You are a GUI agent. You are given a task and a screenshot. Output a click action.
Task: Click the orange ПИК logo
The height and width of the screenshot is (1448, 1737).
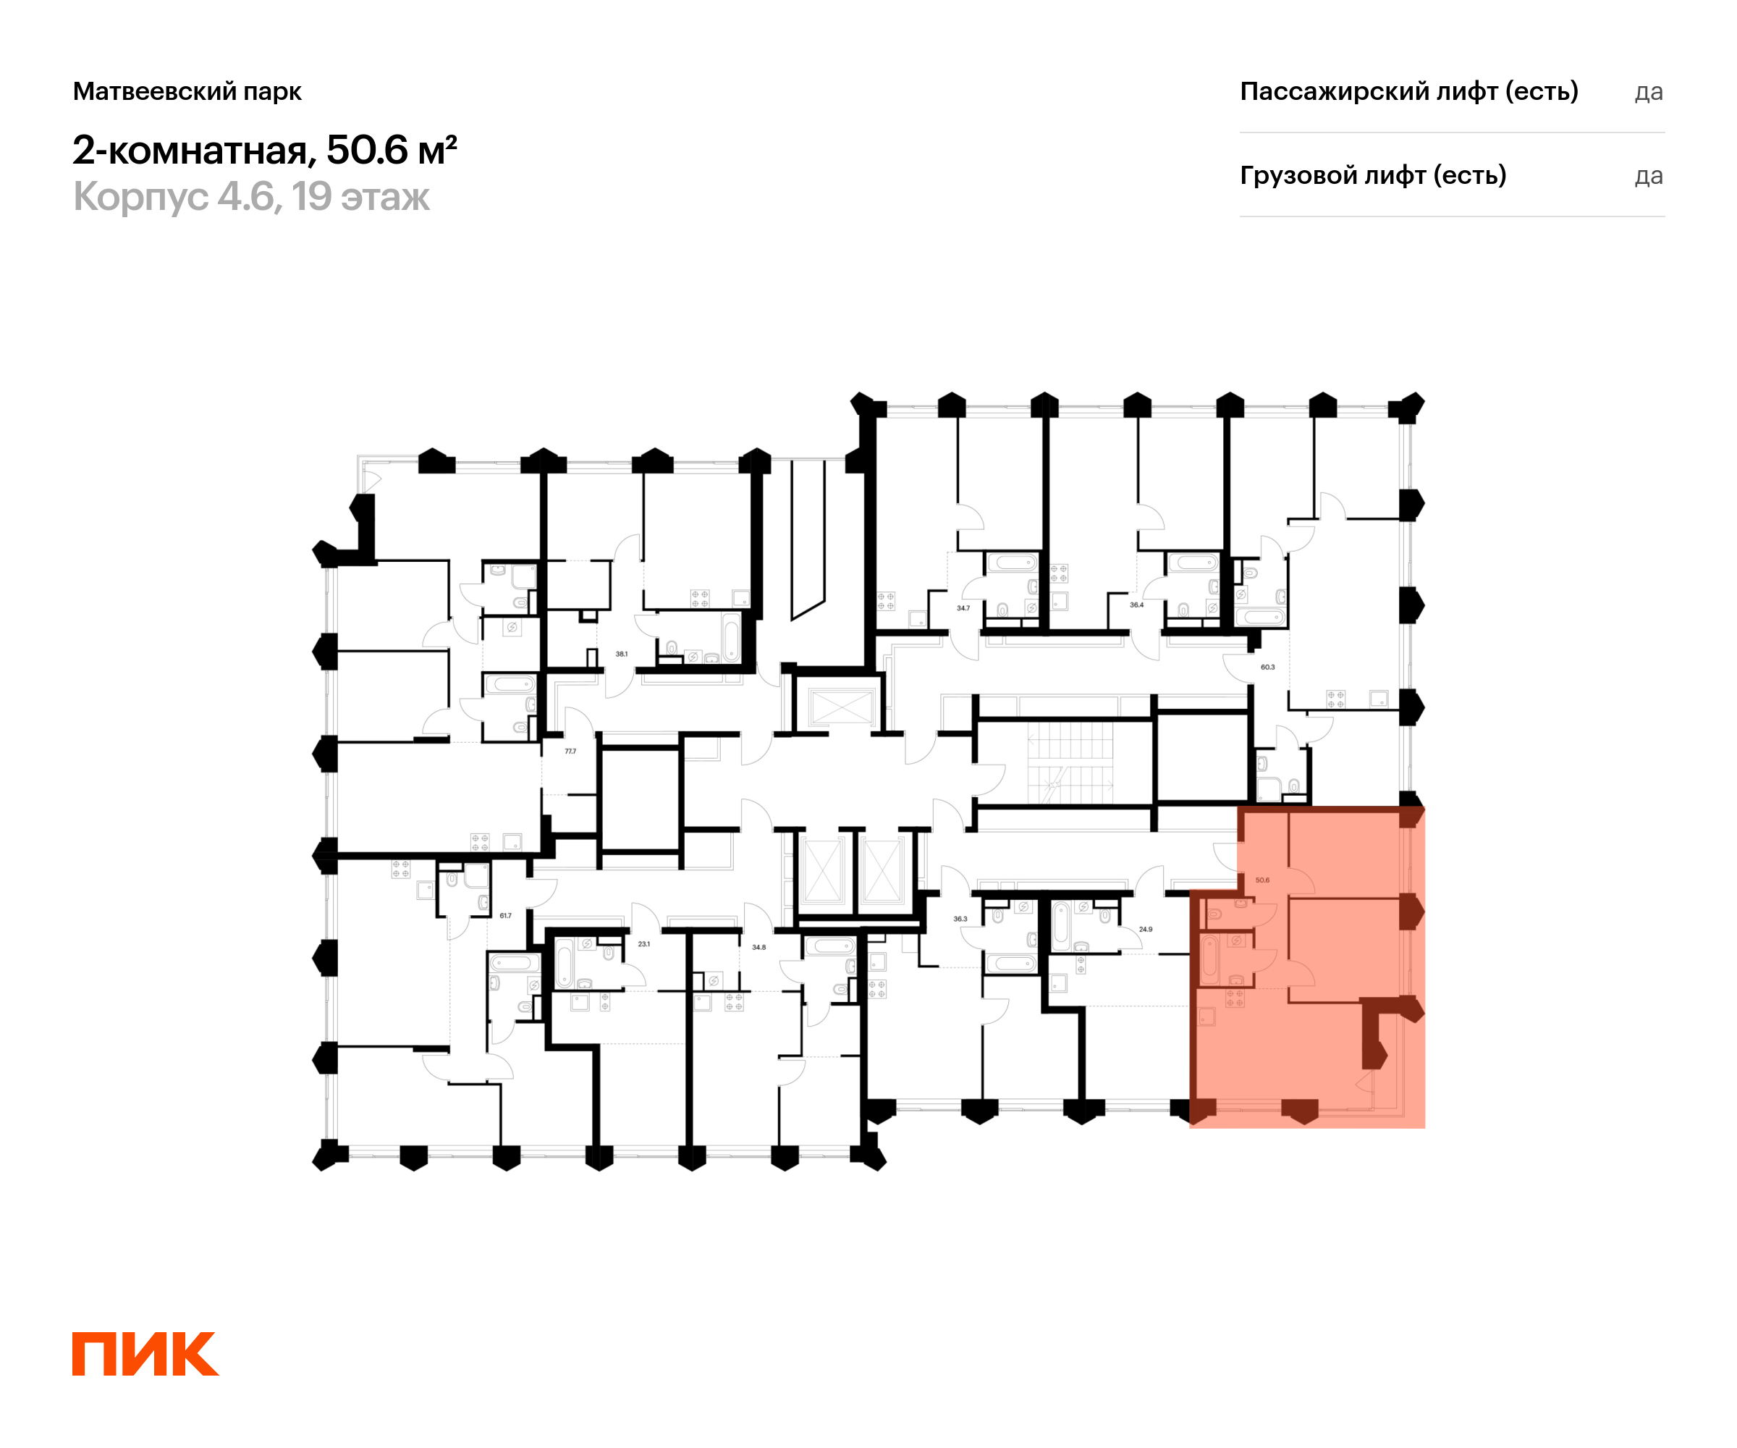click(x=145, y=1354)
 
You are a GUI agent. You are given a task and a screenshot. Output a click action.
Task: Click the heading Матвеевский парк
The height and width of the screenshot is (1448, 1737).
click(x=187, y=91)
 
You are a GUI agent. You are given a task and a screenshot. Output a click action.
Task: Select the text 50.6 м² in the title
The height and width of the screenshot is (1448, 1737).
click(x=392, y=150)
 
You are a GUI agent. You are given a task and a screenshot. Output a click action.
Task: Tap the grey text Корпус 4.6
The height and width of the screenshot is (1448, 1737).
click(x=174, y=197)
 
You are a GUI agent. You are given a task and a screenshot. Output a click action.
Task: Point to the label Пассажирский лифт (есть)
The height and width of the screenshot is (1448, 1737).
click(x=1408, y=91)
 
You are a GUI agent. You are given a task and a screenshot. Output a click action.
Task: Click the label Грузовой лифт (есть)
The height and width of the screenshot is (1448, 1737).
click(x=1373, y=175)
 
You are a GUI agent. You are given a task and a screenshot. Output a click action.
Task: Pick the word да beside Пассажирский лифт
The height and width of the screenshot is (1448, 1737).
click(x=1649, y=93)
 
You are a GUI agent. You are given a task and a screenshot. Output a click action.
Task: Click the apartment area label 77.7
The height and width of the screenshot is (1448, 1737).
click(x=570, y=752)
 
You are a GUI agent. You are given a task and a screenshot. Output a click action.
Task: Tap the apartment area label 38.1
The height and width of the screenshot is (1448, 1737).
click(x=621, y=654)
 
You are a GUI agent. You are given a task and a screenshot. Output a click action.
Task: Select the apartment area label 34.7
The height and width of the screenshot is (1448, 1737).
click(x=963, y=608)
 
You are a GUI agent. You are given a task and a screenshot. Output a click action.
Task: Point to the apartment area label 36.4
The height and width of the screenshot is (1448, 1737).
click(x=1136, y=605)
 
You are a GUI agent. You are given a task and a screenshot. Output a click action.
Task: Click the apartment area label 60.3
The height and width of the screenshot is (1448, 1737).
click(x=1267, y=667)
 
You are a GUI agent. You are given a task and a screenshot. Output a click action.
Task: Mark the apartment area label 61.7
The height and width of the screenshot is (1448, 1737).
click(x=505, y=916)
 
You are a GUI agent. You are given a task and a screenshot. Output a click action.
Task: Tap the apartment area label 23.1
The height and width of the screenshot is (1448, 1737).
click(x=643, y=944)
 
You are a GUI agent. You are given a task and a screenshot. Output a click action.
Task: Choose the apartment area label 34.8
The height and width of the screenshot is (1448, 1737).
click(x=758, y=948)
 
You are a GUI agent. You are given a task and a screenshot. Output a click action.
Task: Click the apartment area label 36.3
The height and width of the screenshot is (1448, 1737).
click(x=960, y=919)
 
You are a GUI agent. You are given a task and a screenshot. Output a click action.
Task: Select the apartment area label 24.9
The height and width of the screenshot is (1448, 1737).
click(x=1146, y=929)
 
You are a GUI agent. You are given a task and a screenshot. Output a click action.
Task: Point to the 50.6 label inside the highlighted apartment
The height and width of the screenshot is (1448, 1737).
click(x=1262, y=880)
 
